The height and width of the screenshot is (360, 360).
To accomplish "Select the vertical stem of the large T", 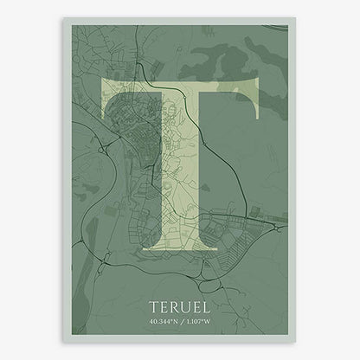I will click(179, 173).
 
